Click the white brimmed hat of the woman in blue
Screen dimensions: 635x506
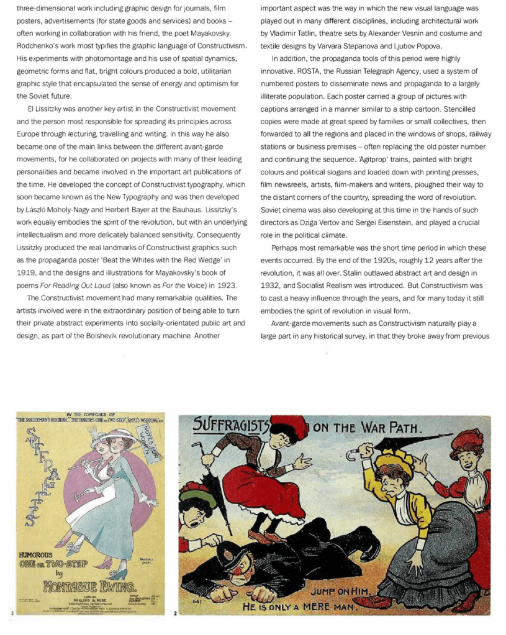[118, 434]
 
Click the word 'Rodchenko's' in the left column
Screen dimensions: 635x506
[38, 47]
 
